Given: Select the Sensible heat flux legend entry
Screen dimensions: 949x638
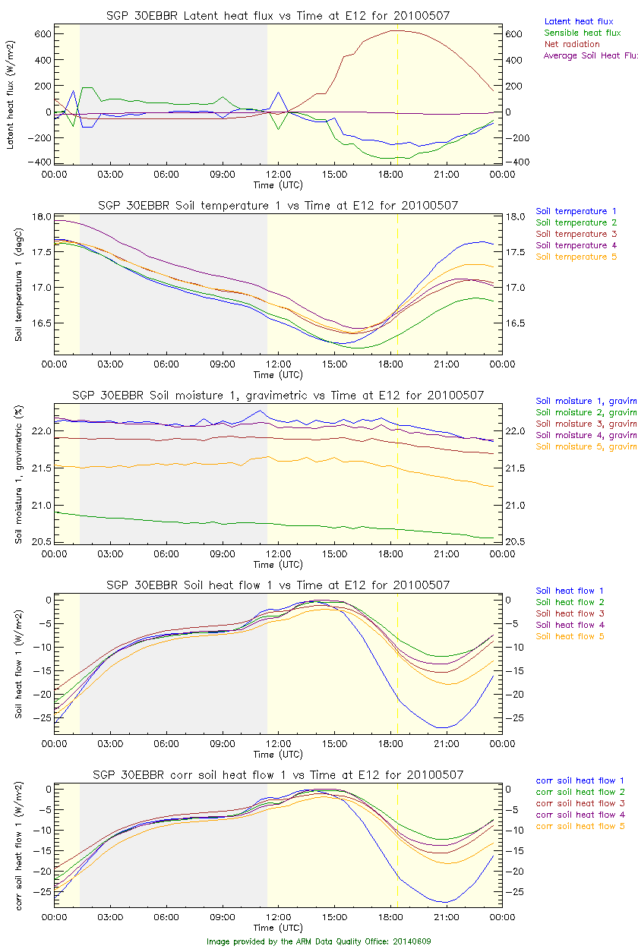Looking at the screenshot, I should pyautogui.click(x=583, y=33).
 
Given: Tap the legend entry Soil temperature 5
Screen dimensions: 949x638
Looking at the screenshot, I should pyautogui.click(x=576, y=257).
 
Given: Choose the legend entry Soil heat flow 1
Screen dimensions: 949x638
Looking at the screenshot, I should pyautogui.click(x=570, y=591).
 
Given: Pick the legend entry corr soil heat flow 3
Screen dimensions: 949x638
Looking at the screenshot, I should pyautogui.click(x=580, y=803).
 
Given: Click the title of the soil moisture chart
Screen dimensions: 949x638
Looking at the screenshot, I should pyautogui.click(x=278, y=396).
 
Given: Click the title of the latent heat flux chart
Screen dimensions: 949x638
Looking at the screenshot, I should pyautogui.click(x=278, y=16).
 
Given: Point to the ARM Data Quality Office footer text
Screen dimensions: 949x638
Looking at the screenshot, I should pyautogui.click(x=319, y=941).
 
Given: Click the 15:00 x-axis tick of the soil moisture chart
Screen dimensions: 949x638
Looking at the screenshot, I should pyautogui.click(x=334, y=554).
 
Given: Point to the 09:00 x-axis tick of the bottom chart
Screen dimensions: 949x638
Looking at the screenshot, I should pyautogui.click(x=223, y=917).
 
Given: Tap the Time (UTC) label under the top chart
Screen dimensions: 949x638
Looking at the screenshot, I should pyautogui.click(x=278, y=184).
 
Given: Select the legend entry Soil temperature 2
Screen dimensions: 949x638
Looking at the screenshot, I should pyautogui.click(x=576, y=222).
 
